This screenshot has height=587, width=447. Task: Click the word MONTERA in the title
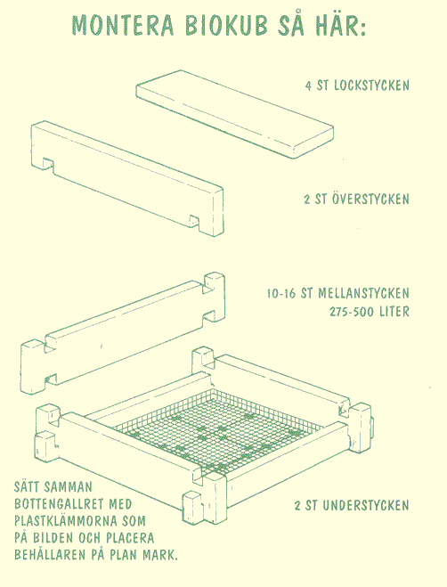123,26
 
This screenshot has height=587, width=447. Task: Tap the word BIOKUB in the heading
227,26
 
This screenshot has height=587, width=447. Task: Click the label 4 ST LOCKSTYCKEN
357,86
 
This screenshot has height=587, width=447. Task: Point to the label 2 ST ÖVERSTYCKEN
356,199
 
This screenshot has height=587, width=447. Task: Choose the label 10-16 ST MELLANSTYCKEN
337,293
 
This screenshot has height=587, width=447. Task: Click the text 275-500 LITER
370,312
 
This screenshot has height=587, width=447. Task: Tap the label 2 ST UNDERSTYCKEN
352,506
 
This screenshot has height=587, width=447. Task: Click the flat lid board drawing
235,114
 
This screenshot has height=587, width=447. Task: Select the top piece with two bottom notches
127,178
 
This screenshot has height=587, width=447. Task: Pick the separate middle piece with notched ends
123,333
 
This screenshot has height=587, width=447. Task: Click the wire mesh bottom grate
217,430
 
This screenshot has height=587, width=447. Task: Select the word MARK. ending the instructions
160,555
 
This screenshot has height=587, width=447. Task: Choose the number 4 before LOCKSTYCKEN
308,86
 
